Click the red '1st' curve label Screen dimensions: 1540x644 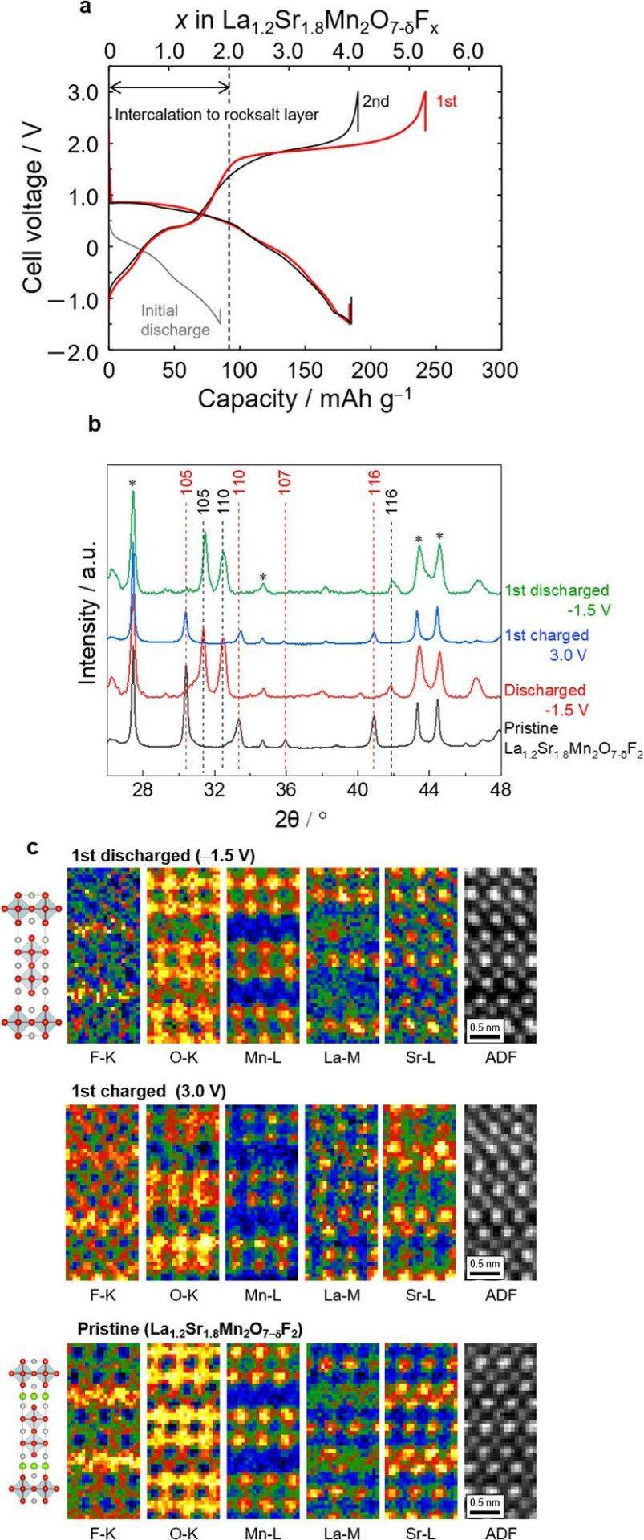[446, 102]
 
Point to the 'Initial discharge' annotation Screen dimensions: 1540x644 [170, 319]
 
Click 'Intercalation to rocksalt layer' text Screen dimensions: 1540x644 [217, 115]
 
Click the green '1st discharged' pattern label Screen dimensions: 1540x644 [557, 591]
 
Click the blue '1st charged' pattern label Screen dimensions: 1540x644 [546, 635]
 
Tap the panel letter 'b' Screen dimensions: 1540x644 [94, 425]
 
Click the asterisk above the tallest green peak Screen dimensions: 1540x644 [132, 483]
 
